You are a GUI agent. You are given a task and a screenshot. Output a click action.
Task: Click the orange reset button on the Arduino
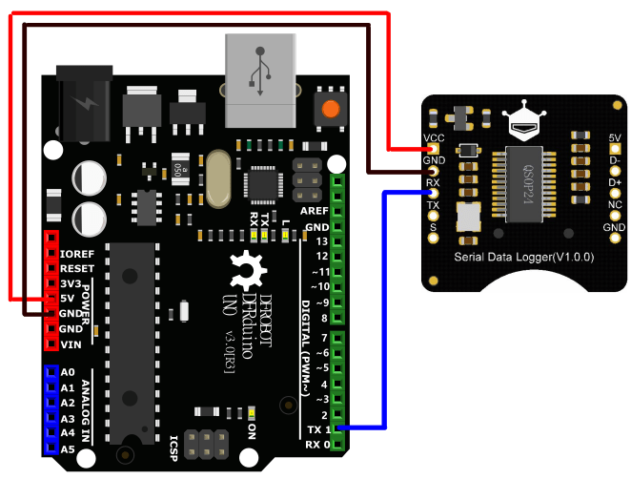[331, 109]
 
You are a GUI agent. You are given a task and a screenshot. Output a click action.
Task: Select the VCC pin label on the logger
[434, 137]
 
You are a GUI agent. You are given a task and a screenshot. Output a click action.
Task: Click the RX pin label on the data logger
[433, 182]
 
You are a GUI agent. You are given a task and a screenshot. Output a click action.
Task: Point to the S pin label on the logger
[433, 227]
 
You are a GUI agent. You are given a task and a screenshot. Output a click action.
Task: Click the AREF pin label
[314, 211]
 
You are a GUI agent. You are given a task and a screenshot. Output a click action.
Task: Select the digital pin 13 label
[321, 241]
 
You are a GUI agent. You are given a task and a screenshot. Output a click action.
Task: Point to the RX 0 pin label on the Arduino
[318, 445]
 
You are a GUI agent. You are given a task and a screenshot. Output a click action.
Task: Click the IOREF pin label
[76, 254]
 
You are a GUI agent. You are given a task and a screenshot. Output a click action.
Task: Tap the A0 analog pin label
[67, 373]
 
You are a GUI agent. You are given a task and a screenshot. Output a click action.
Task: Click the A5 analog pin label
[67, 448]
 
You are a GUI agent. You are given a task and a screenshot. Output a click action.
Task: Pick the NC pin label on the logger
[615, 204]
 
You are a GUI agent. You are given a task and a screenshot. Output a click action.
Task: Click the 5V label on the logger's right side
[615, 137]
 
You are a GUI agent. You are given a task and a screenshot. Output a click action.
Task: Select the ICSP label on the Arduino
[173, 445]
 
